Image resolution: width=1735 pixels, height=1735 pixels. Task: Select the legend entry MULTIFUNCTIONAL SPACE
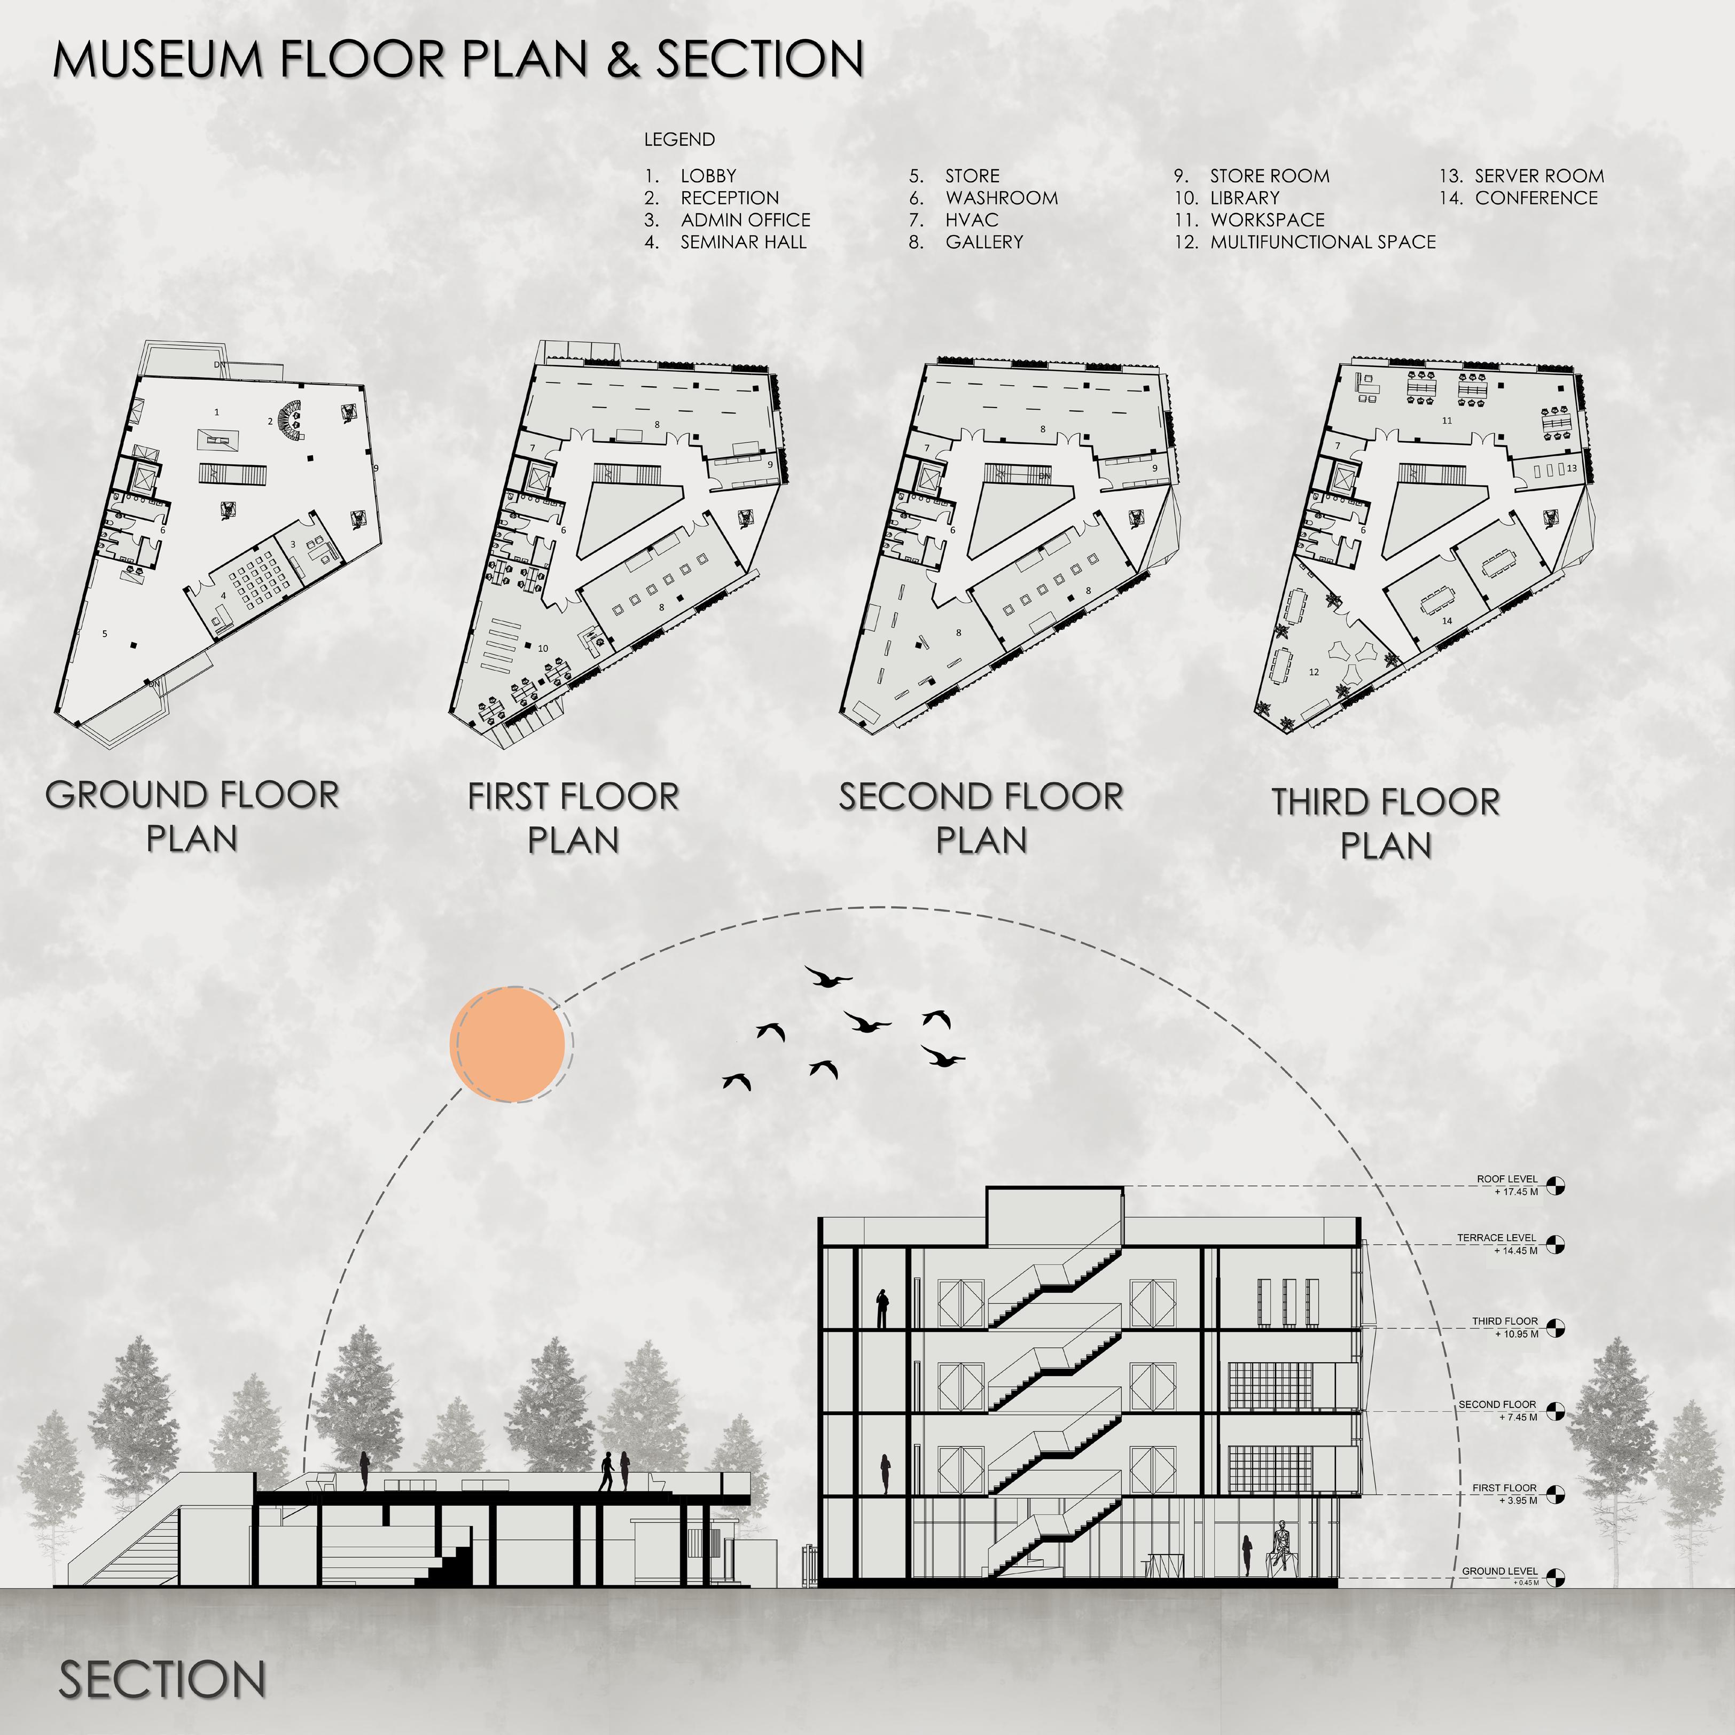[1322, 241]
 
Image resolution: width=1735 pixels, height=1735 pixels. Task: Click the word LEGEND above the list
[679, 139]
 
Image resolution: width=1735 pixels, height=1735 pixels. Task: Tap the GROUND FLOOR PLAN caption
[192, 815]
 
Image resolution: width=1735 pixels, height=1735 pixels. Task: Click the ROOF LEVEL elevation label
[1507, 1179]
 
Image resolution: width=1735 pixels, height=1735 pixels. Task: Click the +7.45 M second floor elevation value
[1518, 1417]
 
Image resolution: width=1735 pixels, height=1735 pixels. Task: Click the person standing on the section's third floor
[883, 1308]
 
